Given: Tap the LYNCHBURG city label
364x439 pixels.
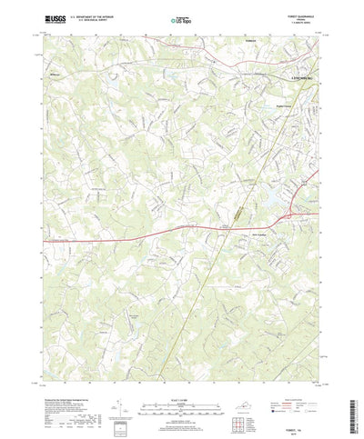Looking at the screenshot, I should coord(299,78).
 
